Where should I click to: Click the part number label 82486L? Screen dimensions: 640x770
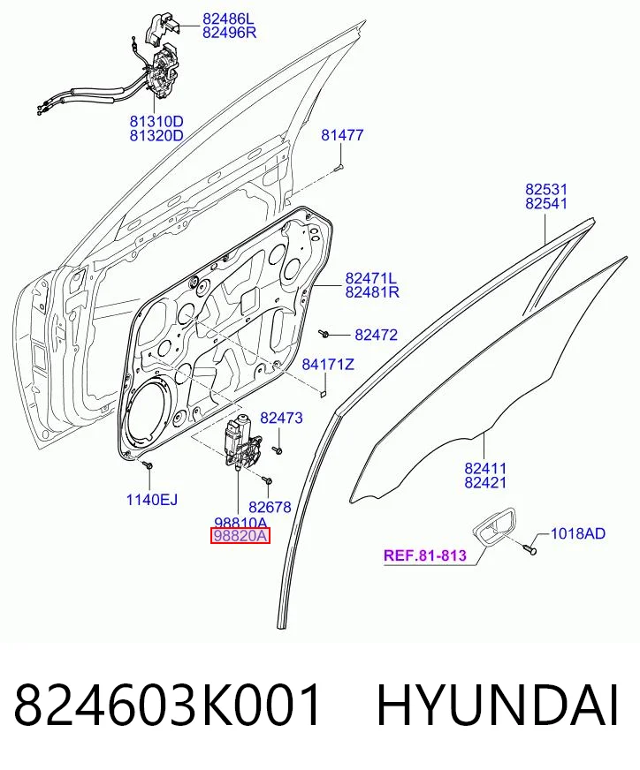point(229,19)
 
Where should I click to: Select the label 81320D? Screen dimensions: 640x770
point(156,135)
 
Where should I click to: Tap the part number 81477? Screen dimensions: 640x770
point(342,134)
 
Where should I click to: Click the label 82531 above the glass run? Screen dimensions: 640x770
point(546,189)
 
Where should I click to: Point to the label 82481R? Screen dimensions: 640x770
point(372,292)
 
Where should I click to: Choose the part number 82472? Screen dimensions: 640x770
point(376,335)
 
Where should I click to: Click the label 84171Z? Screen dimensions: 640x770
point(328,365)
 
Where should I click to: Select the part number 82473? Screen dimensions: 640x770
point(281,418)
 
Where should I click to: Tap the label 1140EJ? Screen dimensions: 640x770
point(152,500)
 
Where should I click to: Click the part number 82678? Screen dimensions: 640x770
point(270,507)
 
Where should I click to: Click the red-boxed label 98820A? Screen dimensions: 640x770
point(240,536)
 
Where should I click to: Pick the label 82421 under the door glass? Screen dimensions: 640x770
point(485,482)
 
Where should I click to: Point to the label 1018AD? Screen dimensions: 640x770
point(578,533)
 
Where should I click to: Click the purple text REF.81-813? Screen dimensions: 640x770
point(424,555)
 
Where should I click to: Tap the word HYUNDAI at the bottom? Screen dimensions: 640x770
point(498,706)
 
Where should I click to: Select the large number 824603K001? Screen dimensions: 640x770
point(168,706)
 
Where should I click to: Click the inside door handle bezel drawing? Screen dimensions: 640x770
point(494,527)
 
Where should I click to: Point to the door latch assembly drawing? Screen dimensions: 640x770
point(164,73)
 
